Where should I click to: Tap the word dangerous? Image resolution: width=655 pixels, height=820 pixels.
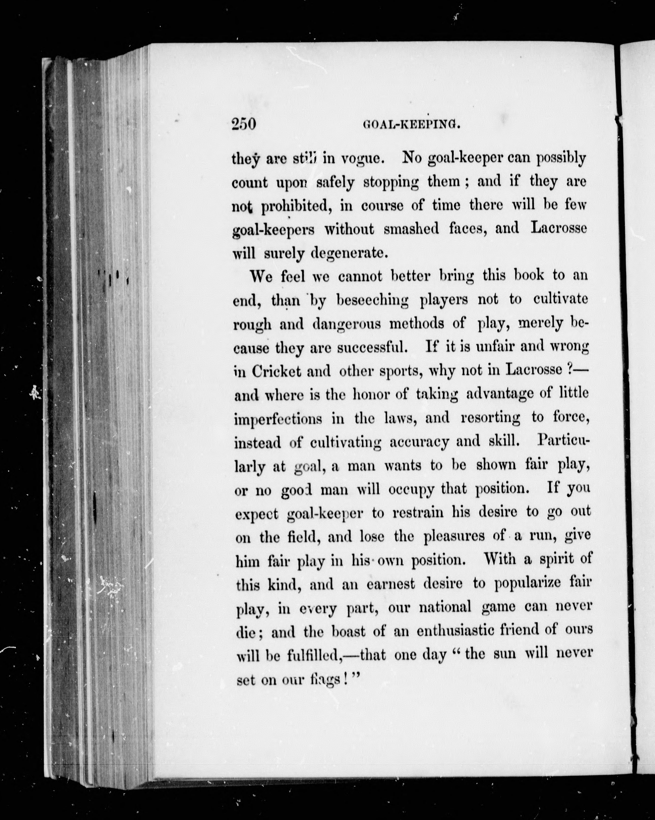[347, 324]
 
